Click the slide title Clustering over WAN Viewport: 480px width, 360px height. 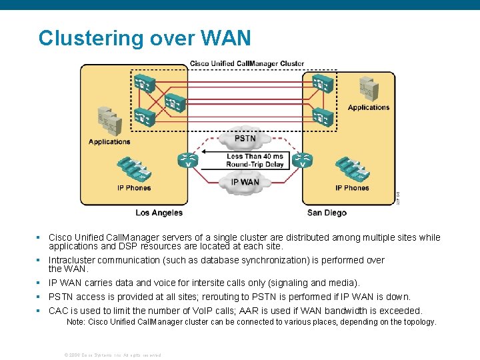145,38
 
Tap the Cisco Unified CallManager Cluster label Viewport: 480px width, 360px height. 247,64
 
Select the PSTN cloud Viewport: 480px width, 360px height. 245,139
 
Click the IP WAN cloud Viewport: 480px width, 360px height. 245,181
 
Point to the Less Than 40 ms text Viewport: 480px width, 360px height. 254,157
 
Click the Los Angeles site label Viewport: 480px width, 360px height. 159,213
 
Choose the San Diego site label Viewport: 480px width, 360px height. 327,213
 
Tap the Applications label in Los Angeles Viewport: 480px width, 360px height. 109,141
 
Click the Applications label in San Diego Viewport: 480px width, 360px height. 368,107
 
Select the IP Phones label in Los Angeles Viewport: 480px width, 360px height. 134,188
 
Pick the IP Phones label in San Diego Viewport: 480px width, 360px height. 352,188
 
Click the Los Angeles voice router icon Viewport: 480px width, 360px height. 187,161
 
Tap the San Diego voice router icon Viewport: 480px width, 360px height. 303,161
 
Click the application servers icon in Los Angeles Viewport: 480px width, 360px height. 108,121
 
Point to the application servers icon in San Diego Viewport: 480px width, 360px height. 367,87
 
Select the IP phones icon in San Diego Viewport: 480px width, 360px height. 351,169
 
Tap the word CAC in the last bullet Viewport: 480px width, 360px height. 59,311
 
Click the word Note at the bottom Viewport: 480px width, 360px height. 76,322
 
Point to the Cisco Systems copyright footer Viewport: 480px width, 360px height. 112,355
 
